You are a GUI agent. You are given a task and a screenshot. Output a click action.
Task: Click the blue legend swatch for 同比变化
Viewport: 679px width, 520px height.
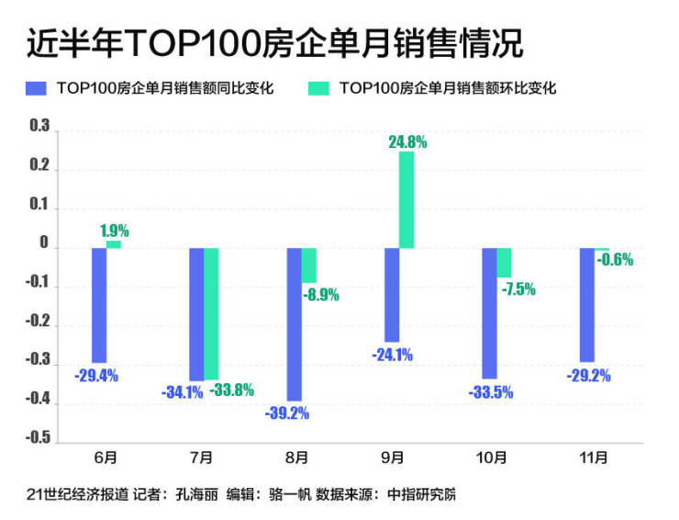38,88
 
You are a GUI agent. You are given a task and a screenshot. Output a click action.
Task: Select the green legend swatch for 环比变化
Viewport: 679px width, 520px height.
319,88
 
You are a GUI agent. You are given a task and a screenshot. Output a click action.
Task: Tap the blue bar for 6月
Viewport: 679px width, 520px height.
98,305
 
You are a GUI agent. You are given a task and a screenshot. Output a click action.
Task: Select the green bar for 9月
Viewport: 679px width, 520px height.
406,199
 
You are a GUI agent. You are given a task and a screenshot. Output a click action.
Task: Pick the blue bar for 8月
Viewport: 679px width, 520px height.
294,323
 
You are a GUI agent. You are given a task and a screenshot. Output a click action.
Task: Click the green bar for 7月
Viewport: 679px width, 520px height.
211,313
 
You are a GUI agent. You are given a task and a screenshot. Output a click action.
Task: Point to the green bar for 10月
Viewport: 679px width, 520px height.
504,263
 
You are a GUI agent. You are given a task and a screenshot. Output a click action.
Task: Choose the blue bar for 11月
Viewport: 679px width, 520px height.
586,304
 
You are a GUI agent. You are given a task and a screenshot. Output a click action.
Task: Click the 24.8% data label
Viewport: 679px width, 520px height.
407,142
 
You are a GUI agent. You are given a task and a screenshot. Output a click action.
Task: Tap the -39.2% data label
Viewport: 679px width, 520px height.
288,413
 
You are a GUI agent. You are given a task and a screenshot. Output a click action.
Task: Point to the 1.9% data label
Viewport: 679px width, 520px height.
114,232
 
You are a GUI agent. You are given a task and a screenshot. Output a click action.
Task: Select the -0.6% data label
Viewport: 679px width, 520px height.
615,260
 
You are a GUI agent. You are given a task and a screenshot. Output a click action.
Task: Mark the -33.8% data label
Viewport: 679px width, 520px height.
231,390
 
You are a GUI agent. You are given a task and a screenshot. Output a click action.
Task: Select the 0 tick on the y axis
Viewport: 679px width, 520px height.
44,247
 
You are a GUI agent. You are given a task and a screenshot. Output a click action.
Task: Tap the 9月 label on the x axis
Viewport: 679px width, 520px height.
399,457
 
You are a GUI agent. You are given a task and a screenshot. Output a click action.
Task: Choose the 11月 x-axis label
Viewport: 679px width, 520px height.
594,457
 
